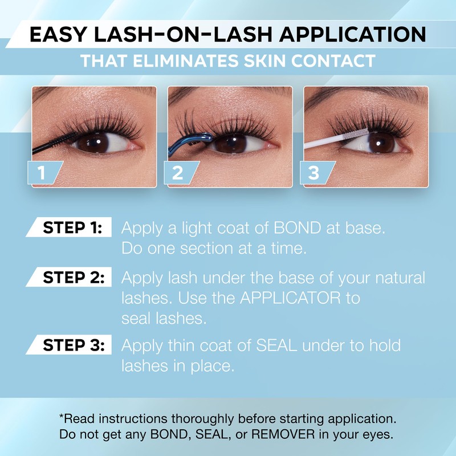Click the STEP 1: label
73,229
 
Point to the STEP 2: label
73,278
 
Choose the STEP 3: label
73,345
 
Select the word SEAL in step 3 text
270,345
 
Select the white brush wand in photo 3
331,141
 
